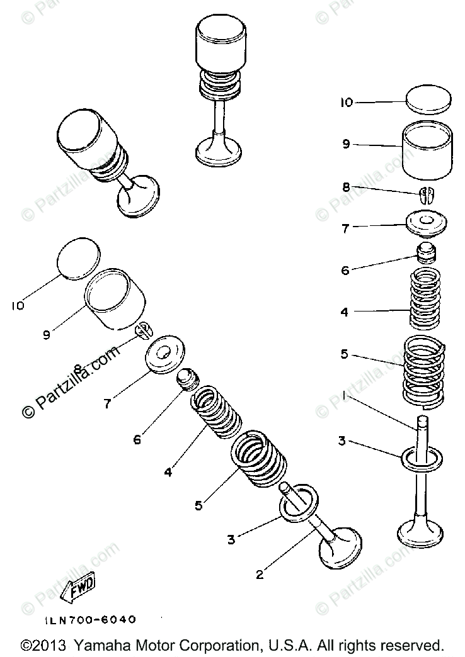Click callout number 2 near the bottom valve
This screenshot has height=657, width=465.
pos(258,573)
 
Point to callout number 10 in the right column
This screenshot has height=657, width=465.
pos(347,103)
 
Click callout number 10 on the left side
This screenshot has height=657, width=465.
pos(17,306)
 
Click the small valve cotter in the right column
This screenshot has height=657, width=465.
pos(427,193)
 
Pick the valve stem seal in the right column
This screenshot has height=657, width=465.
pos(427,252)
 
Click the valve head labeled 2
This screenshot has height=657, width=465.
pos(341,547)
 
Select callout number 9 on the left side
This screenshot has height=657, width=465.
pos(46,335)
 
